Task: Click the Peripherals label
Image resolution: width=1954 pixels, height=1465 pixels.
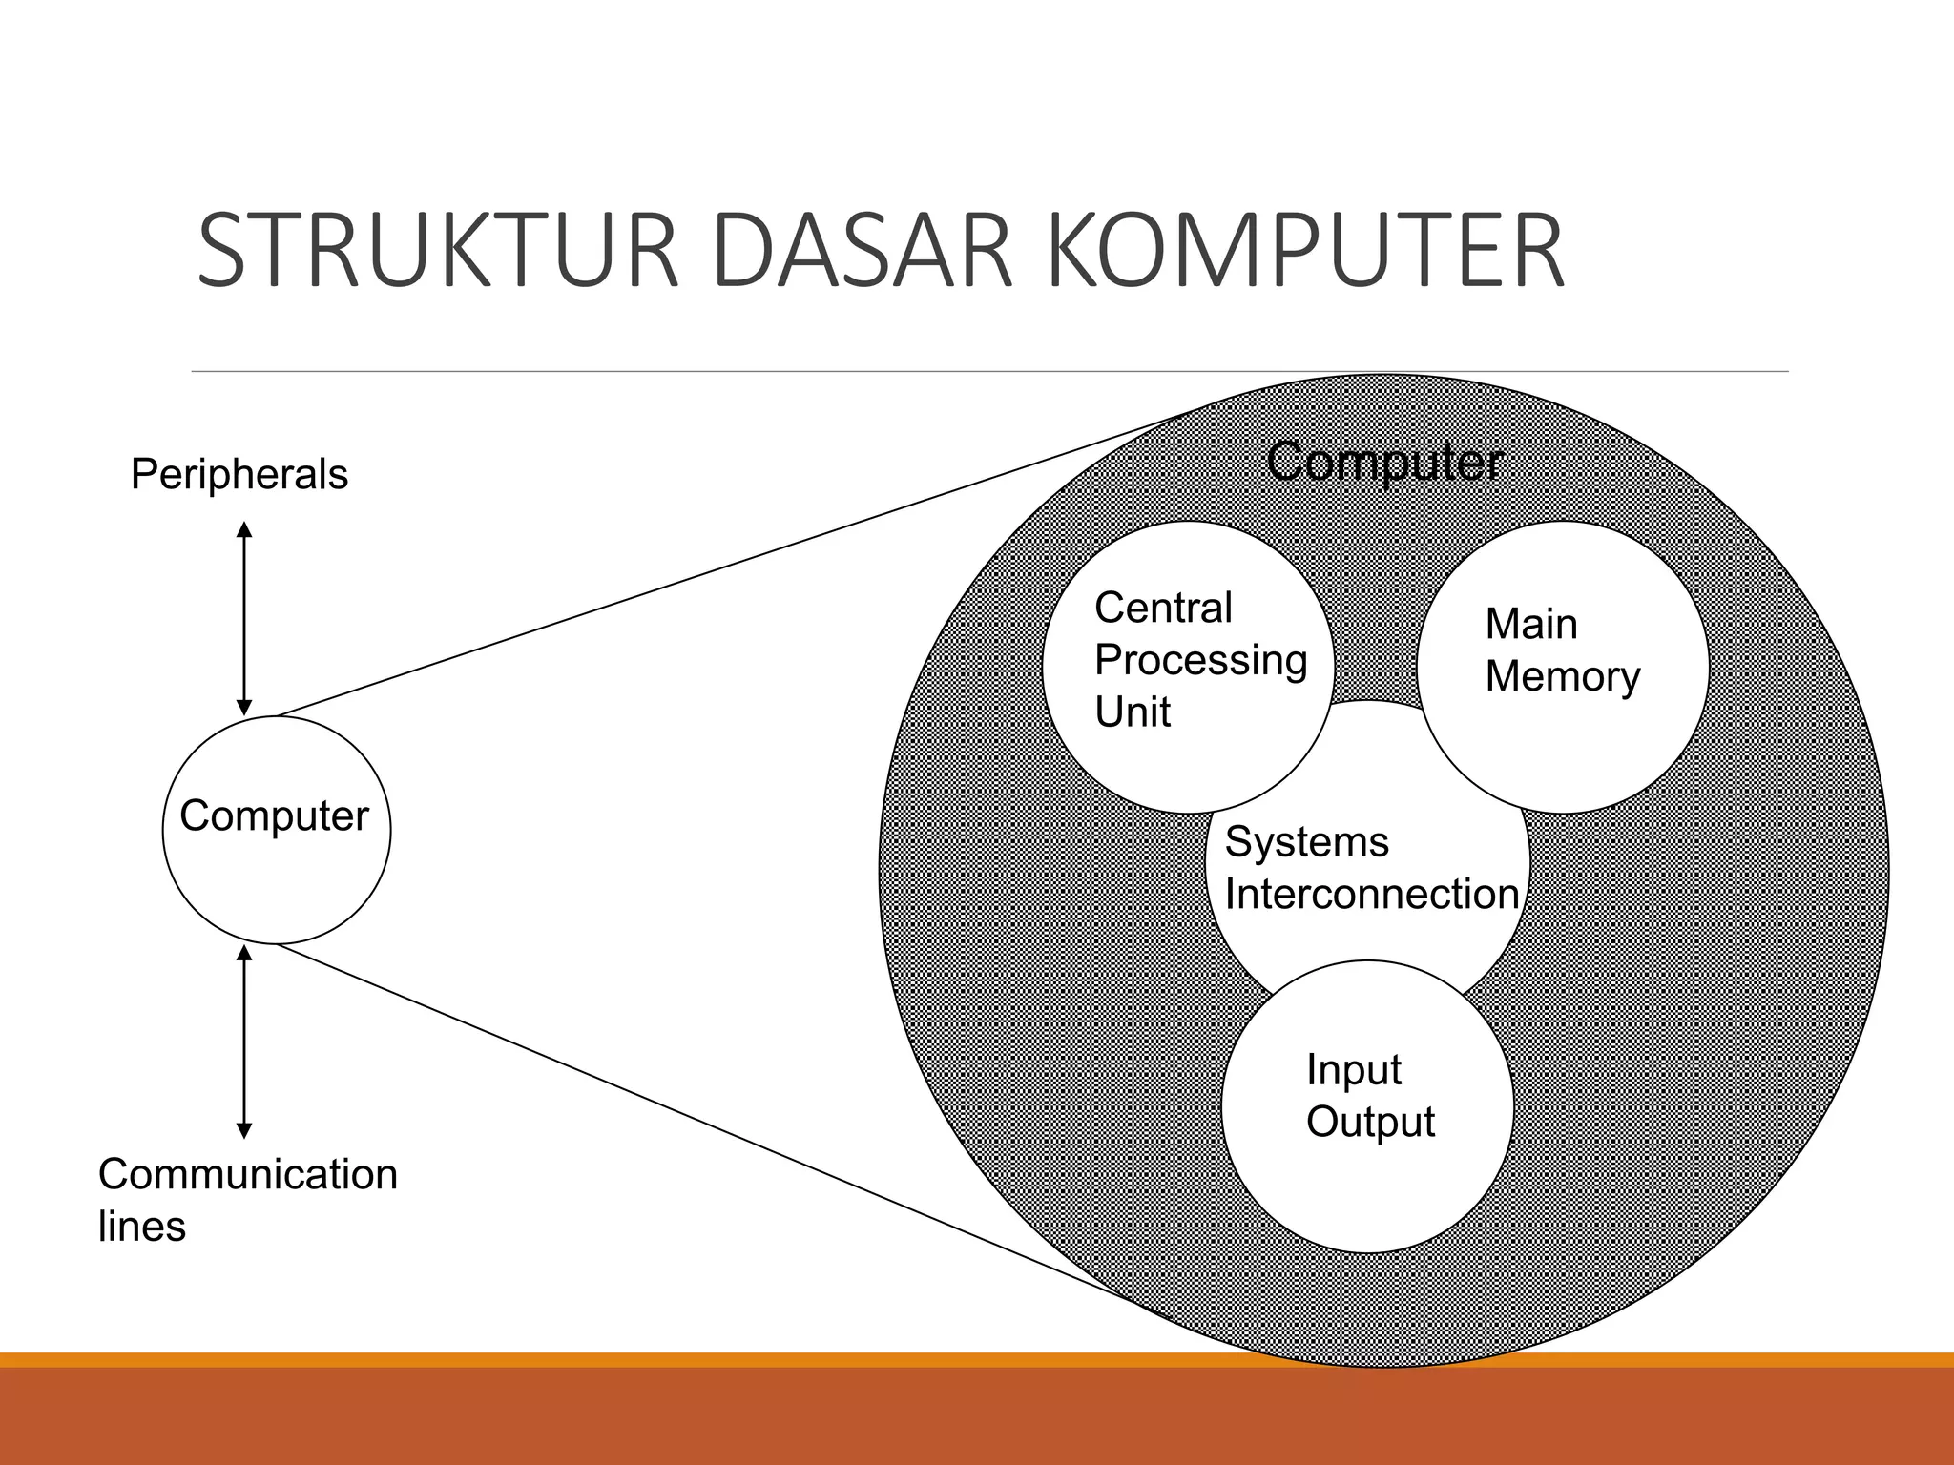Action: [239, 474]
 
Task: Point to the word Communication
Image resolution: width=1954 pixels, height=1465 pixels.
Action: [248, 1174]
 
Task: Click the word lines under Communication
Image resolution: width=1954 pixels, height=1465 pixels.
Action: [141, 1227]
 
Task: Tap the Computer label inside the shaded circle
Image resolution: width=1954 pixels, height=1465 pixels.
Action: [1384, 463]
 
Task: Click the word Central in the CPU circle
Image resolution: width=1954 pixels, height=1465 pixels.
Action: [1163, 608]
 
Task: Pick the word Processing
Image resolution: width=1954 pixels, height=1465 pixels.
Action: [1200, 660]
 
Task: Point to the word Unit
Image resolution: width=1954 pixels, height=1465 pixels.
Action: [1133, 712]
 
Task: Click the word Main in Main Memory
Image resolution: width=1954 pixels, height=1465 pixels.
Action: [1530, 625]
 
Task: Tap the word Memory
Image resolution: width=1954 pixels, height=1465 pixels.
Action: [1562, 677]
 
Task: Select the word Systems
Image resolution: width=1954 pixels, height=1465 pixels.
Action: [1306, 842]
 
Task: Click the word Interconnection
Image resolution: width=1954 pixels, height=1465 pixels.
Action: [1371, 895]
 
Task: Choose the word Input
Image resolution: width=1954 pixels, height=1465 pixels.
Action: [1353, 1070]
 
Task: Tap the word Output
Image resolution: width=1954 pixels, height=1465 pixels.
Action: [1370, 1123]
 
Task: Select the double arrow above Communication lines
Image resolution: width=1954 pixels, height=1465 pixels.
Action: [244, 1042]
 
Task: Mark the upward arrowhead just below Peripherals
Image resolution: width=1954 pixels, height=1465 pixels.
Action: [244, 529]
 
